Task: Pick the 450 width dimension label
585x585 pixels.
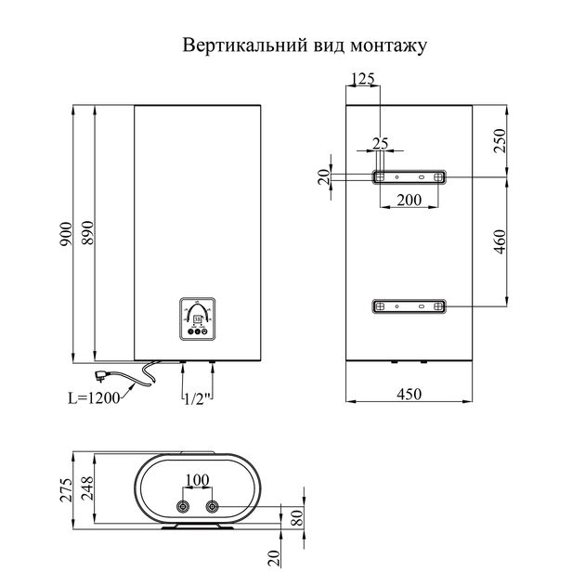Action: coord(409,395)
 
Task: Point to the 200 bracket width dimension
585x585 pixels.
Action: coord(409,200)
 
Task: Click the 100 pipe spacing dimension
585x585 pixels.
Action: coord(197,481)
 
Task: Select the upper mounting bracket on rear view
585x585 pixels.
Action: coord(409,176)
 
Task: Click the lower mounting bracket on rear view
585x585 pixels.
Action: coord(409,305)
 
